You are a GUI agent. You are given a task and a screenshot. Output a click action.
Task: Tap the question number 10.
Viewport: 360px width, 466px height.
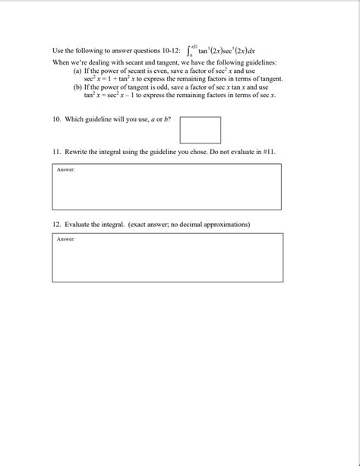click(x=56, y=120)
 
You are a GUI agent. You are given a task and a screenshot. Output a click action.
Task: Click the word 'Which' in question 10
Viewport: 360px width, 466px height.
click(x=74, y=120)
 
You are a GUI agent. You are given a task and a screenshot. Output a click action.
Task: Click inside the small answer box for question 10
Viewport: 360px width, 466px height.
click(x=201, y=130)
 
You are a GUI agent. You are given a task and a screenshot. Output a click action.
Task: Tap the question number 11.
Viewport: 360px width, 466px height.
click(x=56, y=152)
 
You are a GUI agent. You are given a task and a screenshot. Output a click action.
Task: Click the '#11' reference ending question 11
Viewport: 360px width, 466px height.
click(x=269, y=152)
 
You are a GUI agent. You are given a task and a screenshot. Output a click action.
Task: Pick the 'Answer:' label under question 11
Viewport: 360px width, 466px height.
click(x=65, y=169)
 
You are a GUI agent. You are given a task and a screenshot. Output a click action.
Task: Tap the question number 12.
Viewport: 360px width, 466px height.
click(x=56, y=225)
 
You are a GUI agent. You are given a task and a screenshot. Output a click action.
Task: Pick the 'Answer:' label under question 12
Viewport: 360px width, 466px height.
click(x=65, y=239)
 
